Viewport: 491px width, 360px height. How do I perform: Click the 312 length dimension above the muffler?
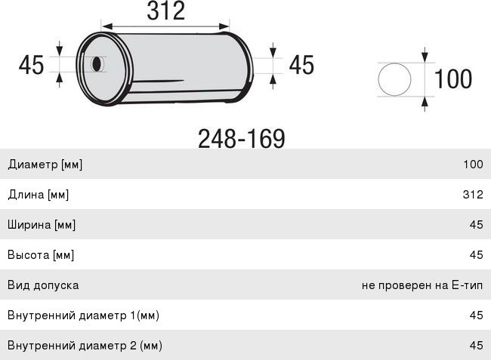166,11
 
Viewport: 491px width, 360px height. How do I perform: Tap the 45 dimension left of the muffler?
31,65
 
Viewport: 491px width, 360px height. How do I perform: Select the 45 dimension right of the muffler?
301,65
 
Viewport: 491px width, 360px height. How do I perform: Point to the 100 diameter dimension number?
453,78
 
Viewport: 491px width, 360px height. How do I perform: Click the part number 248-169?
242,139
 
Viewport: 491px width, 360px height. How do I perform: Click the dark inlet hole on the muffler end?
97,64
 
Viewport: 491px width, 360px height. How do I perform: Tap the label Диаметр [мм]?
45,165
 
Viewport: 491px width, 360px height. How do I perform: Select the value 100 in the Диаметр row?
473,165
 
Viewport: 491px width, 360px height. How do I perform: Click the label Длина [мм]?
39,195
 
